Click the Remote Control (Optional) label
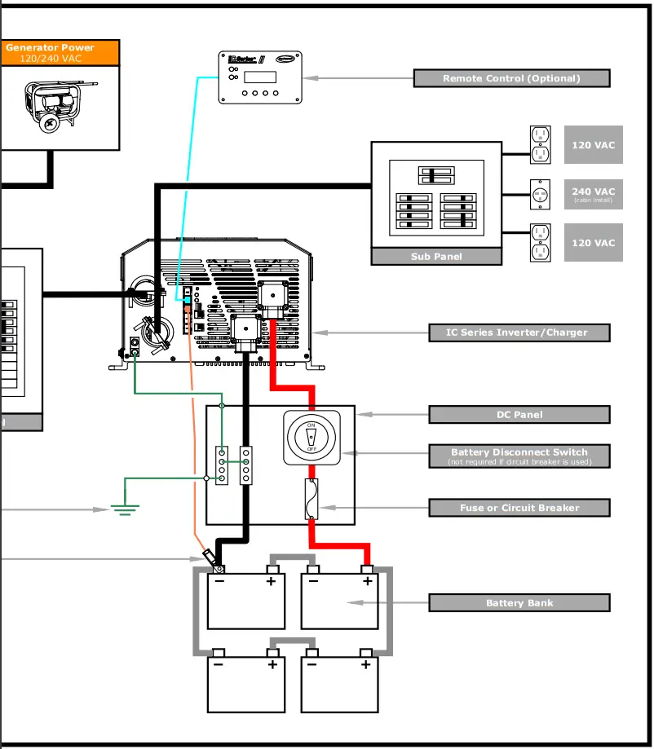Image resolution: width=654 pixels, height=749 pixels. click(x=511, y=78)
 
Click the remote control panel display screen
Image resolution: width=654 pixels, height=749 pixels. click(x=260, y=77)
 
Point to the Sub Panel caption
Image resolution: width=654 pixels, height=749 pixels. click(x=436, y=257)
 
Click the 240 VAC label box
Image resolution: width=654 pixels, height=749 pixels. click(x=593, y=194)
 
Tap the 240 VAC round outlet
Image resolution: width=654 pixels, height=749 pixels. click(x=538, y=194)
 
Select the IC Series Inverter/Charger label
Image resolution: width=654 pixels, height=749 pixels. click(x=519, y=333)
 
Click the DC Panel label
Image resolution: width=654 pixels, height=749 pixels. click(x=519, y=414)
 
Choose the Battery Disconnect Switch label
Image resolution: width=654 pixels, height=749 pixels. click(x=519, y=456)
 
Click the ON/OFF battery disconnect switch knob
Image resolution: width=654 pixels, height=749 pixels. click(x=312, y=438)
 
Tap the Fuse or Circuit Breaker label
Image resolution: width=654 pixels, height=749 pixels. click(x=519, y=508)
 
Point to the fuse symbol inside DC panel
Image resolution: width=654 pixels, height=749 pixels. click(x=312, y=499)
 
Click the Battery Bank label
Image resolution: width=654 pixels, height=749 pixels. click(x=519, y=603)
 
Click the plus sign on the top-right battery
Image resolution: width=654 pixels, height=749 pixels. click(x=367, y=581)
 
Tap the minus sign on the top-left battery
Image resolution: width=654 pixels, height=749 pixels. click(x=219, y=581)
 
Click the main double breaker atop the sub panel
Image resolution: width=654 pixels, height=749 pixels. click(x=435, y=175)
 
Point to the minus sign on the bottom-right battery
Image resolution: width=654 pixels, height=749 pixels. click(x=312, y=664)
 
